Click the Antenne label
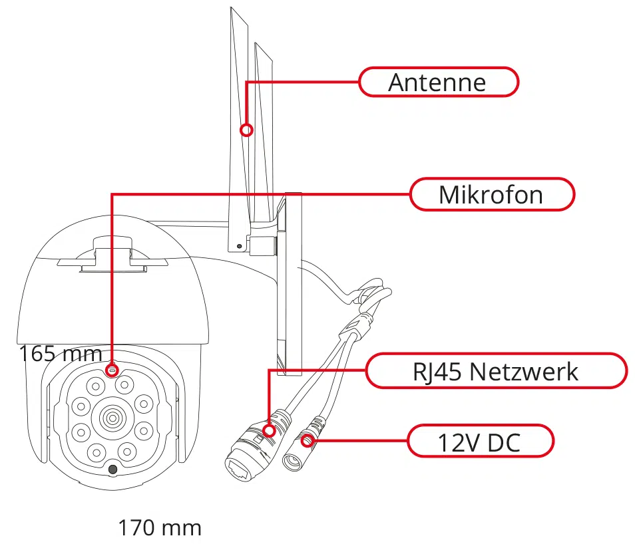point(438,82)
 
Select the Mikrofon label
point(491,195)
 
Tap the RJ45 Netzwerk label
point(495,371)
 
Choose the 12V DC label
point(479,442)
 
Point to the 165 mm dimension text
point(60,353)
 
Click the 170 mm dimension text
point(160,528)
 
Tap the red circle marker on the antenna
point(247,130)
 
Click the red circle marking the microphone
point(112,368)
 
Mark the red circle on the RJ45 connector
point(269,430)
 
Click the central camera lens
point(110,418)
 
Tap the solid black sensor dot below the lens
point(113,470)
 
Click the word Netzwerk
point(523,371)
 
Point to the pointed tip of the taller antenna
point(231,9)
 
